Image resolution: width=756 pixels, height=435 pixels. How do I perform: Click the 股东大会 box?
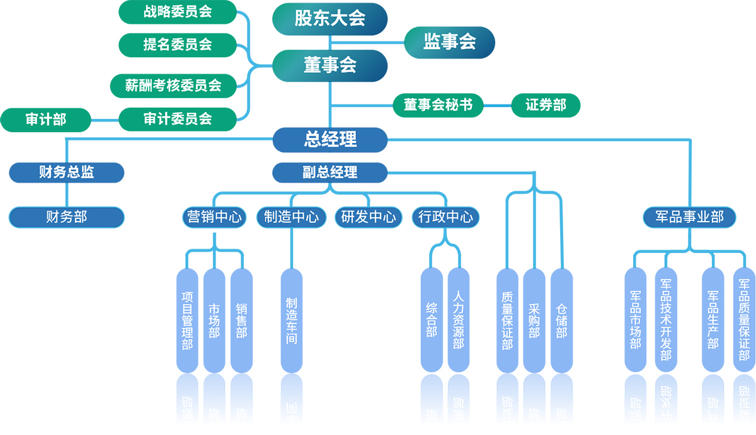click(x=329, y=18)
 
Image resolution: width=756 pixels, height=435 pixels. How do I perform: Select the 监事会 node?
click(x=449, y=42)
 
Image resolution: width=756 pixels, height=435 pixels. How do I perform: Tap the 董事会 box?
click(x=329, y=65)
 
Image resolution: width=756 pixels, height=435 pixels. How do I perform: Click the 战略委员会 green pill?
click(x=178, y=12)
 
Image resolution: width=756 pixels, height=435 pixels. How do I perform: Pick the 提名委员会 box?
click(x=178, y=45)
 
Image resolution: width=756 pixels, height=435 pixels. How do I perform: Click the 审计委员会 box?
click(x=178, y=118)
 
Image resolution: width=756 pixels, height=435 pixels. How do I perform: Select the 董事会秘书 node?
click(x=438, y=105)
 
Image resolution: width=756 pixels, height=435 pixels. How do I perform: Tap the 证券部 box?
click(x=546, y=105)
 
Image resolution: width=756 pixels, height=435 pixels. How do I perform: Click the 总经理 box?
click(x=329, y=139)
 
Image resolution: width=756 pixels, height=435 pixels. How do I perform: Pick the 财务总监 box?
click(x=66, y=172)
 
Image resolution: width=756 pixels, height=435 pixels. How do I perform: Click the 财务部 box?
click(x=66, y=217)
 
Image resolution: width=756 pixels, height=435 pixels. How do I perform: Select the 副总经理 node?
click(x=329, y=172)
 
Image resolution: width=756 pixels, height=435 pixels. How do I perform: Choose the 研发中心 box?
click(x=368, y=217)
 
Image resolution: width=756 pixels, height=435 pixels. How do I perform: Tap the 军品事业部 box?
click(x=690, y=217)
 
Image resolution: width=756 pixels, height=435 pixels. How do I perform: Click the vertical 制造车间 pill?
click(x=291, y=320)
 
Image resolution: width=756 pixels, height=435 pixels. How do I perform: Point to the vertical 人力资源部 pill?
click(x=458, y=320)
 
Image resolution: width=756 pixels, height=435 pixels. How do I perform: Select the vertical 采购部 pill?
click(x=534, y=320)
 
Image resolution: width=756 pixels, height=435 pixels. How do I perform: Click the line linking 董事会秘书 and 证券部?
click(x=498, y=105)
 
